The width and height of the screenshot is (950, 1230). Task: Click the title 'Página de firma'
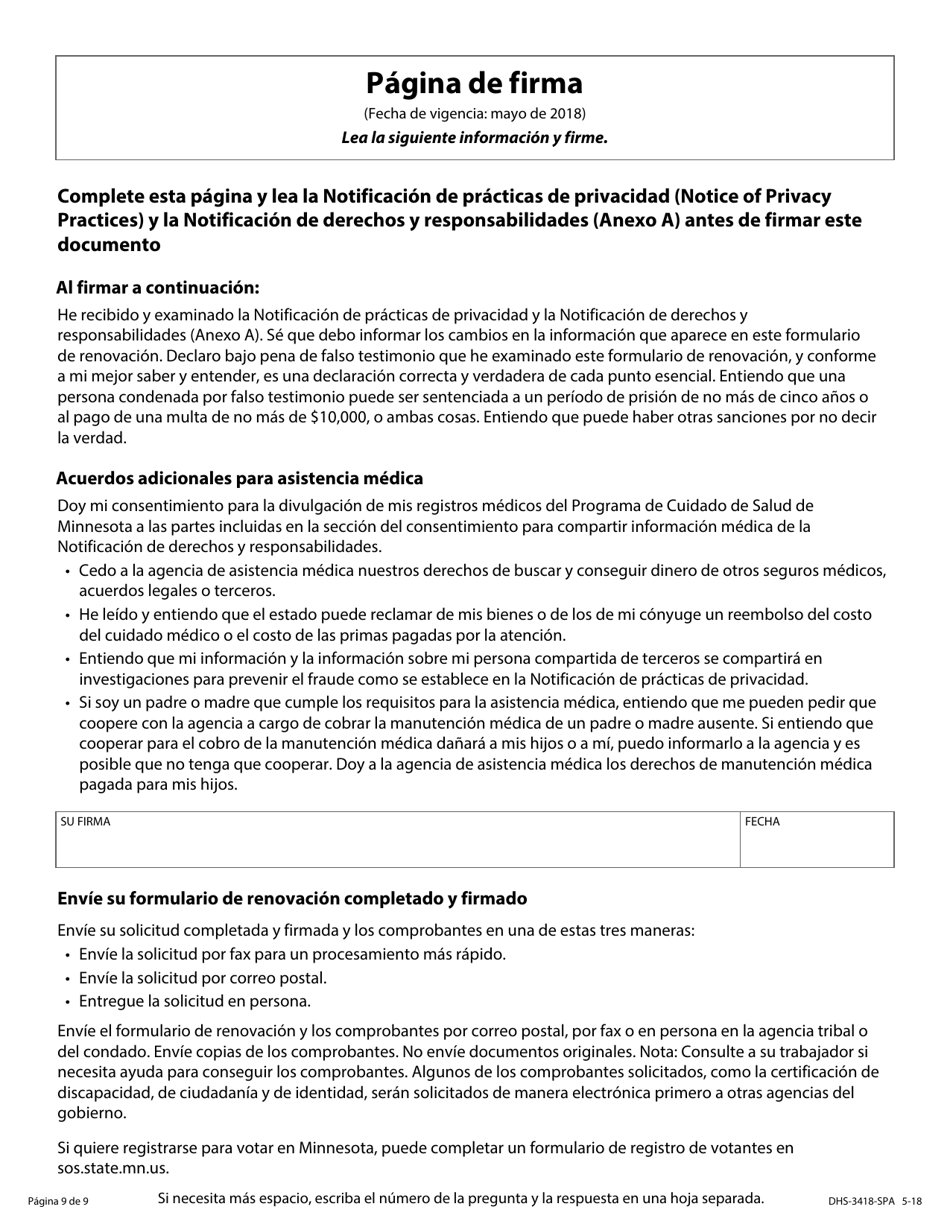(x=474, y=83)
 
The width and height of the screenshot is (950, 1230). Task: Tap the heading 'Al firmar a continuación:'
(x=158, y=288)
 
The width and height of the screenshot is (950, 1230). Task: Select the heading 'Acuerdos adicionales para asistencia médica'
(x=239, y=478)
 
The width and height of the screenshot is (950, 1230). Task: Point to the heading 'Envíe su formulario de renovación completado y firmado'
(x=292, y=898)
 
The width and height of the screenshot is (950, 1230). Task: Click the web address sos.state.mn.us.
(x=113, y=1167)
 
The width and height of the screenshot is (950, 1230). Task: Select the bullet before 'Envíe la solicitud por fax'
(x=68, y=955)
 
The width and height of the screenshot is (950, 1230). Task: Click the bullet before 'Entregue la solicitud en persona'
(x=68, y=1001)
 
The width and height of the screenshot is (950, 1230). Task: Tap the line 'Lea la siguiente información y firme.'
(x=474, y=138)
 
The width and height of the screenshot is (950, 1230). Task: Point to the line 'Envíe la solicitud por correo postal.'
(x=203, y=978)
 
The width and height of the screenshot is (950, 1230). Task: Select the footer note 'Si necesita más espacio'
(x=460, y=1198)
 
